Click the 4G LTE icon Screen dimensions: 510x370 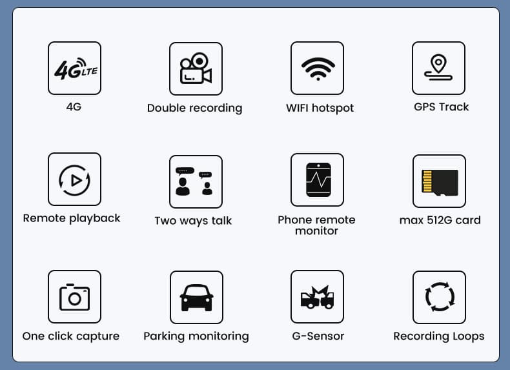(x=76, y=69)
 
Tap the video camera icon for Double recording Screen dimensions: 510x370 (x=196, y=68)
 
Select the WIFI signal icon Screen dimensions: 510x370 (x=318, y=69)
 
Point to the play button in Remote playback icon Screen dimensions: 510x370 (x=76, y=180)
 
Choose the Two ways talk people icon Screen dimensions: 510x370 (x=194, y=181)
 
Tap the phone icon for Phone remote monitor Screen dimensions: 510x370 (x=318, y=180)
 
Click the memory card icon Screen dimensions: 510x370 (x=440, y=183)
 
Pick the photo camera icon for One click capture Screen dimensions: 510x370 (x=74, y=297)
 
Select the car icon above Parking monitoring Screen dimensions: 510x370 (x=196, y=298)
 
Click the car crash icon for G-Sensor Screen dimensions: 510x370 (x=317, y=297)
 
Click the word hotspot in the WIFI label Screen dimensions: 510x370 (x=332, y=108)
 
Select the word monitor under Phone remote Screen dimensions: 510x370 (x=316, y=231)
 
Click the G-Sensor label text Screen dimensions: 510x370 (x=318, y=336)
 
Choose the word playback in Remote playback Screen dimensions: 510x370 (x=95, y=218)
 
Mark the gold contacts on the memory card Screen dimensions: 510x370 (x=427, y=181)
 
